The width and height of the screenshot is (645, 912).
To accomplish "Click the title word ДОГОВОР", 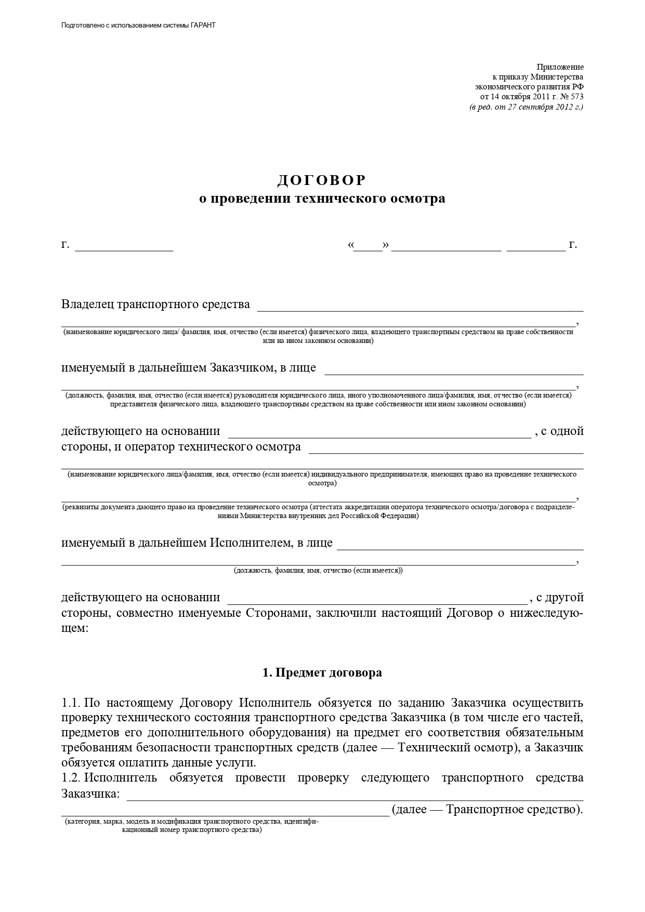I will (x=322, y=180).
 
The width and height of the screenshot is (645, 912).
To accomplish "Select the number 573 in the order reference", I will (x=577, y=97).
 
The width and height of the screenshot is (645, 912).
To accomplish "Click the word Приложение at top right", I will (x=560, y=67).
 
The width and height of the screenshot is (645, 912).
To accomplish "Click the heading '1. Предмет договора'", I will (x=322, y=672).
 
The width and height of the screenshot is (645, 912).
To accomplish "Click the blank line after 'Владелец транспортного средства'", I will (x=420, y=306).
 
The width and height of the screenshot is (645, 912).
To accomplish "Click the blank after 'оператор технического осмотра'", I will (x=446, y=448).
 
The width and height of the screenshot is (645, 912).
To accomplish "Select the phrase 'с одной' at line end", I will (x=562, y=431).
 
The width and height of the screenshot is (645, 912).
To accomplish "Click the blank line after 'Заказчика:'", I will (x=354, y=796).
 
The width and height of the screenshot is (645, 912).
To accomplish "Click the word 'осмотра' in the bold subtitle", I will (x=422, y=199).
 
